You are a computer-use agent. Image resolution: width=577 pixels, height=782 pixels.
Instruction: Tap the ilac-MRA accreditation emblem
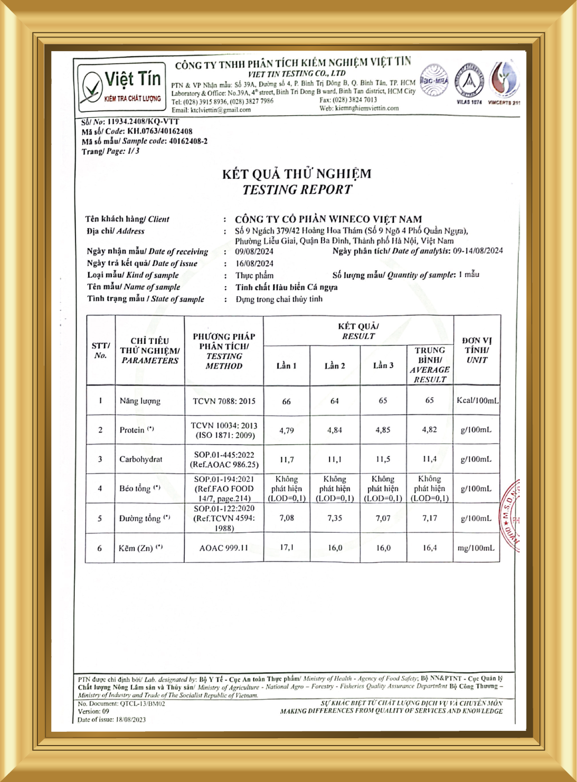point(433,81)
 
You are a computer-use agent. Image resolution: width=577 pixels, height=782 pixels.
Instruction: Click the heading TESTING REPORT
point(297,190)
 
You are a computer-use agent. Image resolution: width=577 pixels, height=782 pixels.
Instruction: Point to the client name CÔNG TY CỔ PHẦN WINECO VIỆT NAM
point(328,219)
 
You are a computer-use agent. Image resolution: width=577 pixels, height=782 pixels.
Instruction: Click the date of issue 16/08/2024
point(254,263)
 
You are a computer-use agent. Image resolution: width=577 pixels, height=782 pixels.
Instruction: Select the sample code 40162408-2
point(188,141)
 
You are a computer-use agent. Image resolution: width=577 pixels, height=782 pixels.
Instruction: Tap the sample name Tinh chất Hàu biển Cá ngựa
point(287,287)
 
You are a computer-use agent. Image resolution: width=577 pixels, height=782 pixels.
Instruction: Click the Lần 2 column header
point(335,365)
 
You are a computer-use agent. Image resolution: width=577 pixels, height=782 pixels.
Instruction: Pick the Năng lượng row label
point(140,401)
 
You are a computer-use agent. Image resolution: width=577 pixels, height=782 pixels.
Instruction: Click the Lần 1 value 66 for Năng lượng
point(286,401)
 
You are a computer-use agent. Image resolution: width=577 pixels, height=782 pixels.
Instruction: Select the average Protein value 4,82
point(429,430)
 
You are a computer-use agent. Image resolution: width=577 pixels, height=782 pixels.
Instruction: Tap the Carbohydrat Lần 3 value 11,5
point(383,459)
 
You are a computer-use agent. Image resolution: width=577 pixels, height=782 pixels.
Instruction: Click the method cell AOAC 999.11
point(223,548)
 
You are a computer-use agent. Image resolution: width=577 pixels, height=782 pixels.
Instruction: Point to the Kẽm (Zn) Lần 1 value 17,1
point(286,548)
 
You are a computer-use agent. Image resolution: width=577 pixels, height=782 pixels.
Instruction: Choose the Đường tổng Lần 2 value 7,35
point(335,518)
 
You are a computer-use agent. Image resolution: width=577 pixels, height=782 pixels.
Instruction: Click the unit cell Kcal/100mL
point(477,401)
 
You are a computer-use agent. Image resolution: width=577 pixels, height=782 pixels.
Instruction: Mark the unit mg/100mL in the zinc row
point(476,548)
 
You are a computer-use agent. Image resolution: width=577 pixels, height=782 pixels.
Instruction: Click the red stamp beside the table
point(510,515)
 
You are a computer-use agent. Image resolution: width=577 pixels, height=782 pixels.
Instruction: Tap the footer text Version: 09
point(93,711)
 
